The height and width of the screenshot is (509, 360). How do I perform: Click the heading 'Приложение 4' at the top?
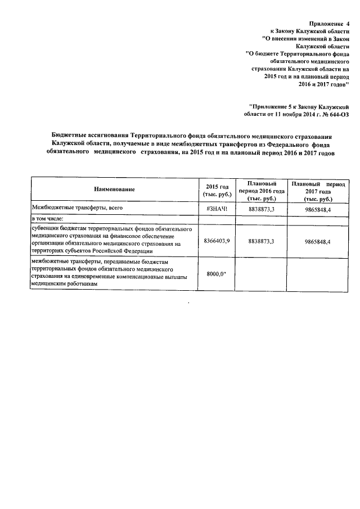326,24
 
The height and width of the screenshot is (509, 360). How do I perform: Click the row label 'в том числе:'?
48,219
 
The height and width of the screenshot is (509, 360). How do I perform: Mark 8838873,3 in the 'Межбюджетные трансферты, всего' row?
260,209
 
